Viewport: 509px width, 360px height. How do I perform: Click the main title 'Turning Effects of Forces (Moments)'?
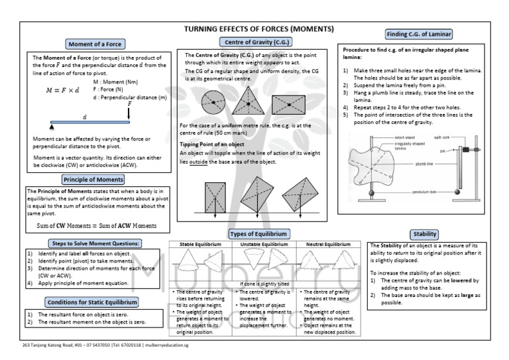258,30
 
